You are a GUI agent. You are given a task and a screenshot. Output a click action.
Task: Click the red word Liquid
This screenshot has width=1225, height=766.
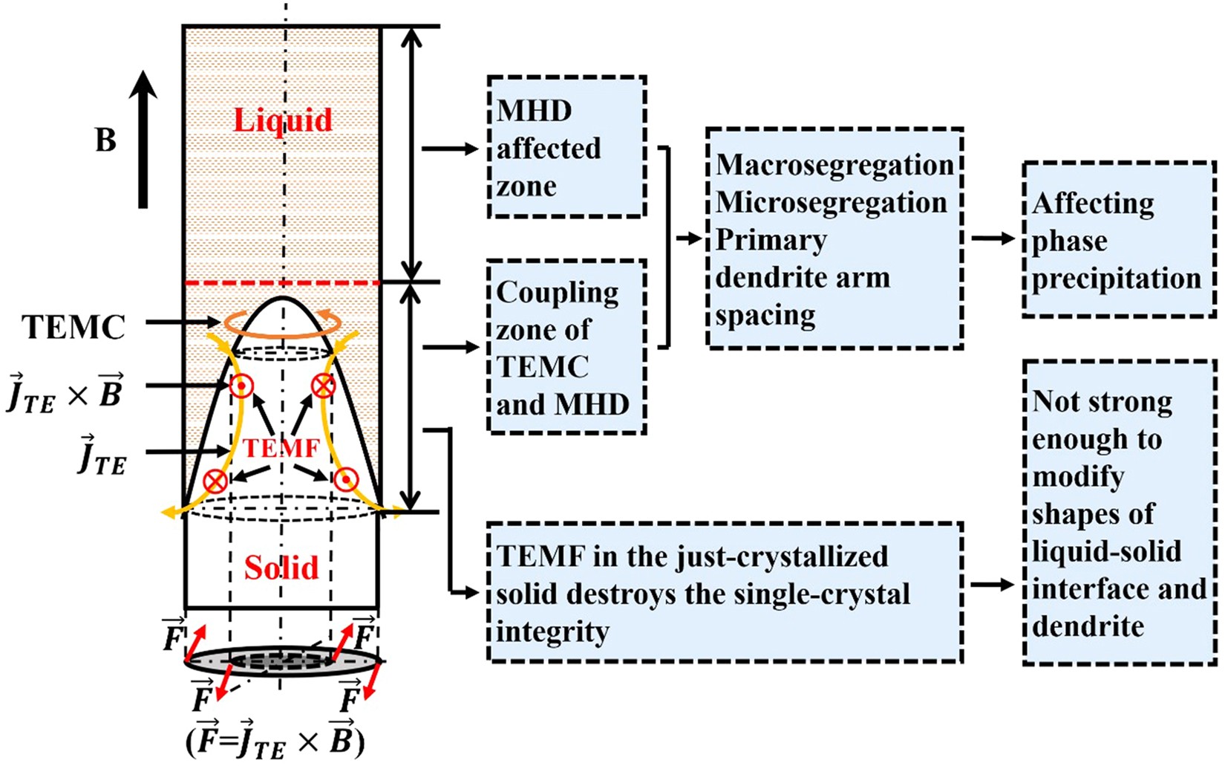pyautogui.click(x=283, y=120)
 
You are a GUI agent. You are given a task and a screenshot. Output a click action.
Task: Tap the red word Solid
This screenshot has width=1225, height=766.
pyautogui.click(x=281, y=568)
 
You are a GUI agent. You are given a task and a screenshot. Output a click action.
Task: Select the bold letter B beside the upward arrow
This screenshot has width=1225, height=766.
pyautogui.click(x=106, y=140)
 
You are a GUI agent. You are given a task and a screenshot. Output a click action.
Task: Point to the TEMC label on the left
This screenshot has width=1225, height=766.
pyautogui.click(x=73, y=327)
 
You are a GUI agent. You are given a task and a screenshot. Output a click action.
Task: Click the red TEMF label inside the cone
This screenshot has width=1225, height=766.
pyautogui.click(x=281, y=448)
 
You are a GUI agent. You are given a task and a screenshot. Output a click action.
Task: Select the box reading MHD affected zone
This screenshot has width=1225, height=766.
pyautogui.click(x=566, y=147)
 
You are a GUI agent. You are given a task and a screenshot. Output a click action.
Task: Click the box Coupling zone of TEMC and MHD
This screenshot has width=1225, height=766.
pyautogui.click(x=566, y=347)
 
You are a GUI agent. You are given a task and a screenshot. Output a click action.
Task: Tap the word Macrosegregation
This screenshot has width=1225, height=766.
pyautogui.click(x=834, y=165)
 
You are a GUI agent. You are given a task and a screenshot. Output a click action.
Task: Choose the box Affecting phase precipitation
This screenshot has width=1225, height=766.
pyautogui.click(x=1118, y=240)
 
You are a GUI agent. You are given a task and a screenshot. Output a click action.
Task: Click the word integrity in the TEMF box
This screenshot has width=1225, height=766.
pyautogui.click(x=552, y=632)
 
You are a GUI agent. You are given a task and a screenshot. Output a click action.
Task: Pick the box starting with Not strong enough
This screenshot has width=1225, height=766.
pyautogui.click(x=1118, y=513)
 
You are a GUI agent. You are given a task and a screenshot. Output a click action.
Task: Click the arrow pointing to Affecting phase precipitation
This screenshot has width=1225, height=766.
pyautogui.click(x=993, y=238)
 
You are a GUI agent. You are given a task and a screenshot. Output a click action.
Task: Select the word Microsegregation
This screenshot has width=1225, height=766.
pyautogui.click(x=831, y=202)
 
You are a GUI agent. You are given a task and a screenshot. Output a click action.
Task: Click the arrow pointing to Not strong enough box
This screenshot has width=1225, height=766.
pyautogui.click(x=993, y=585)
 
